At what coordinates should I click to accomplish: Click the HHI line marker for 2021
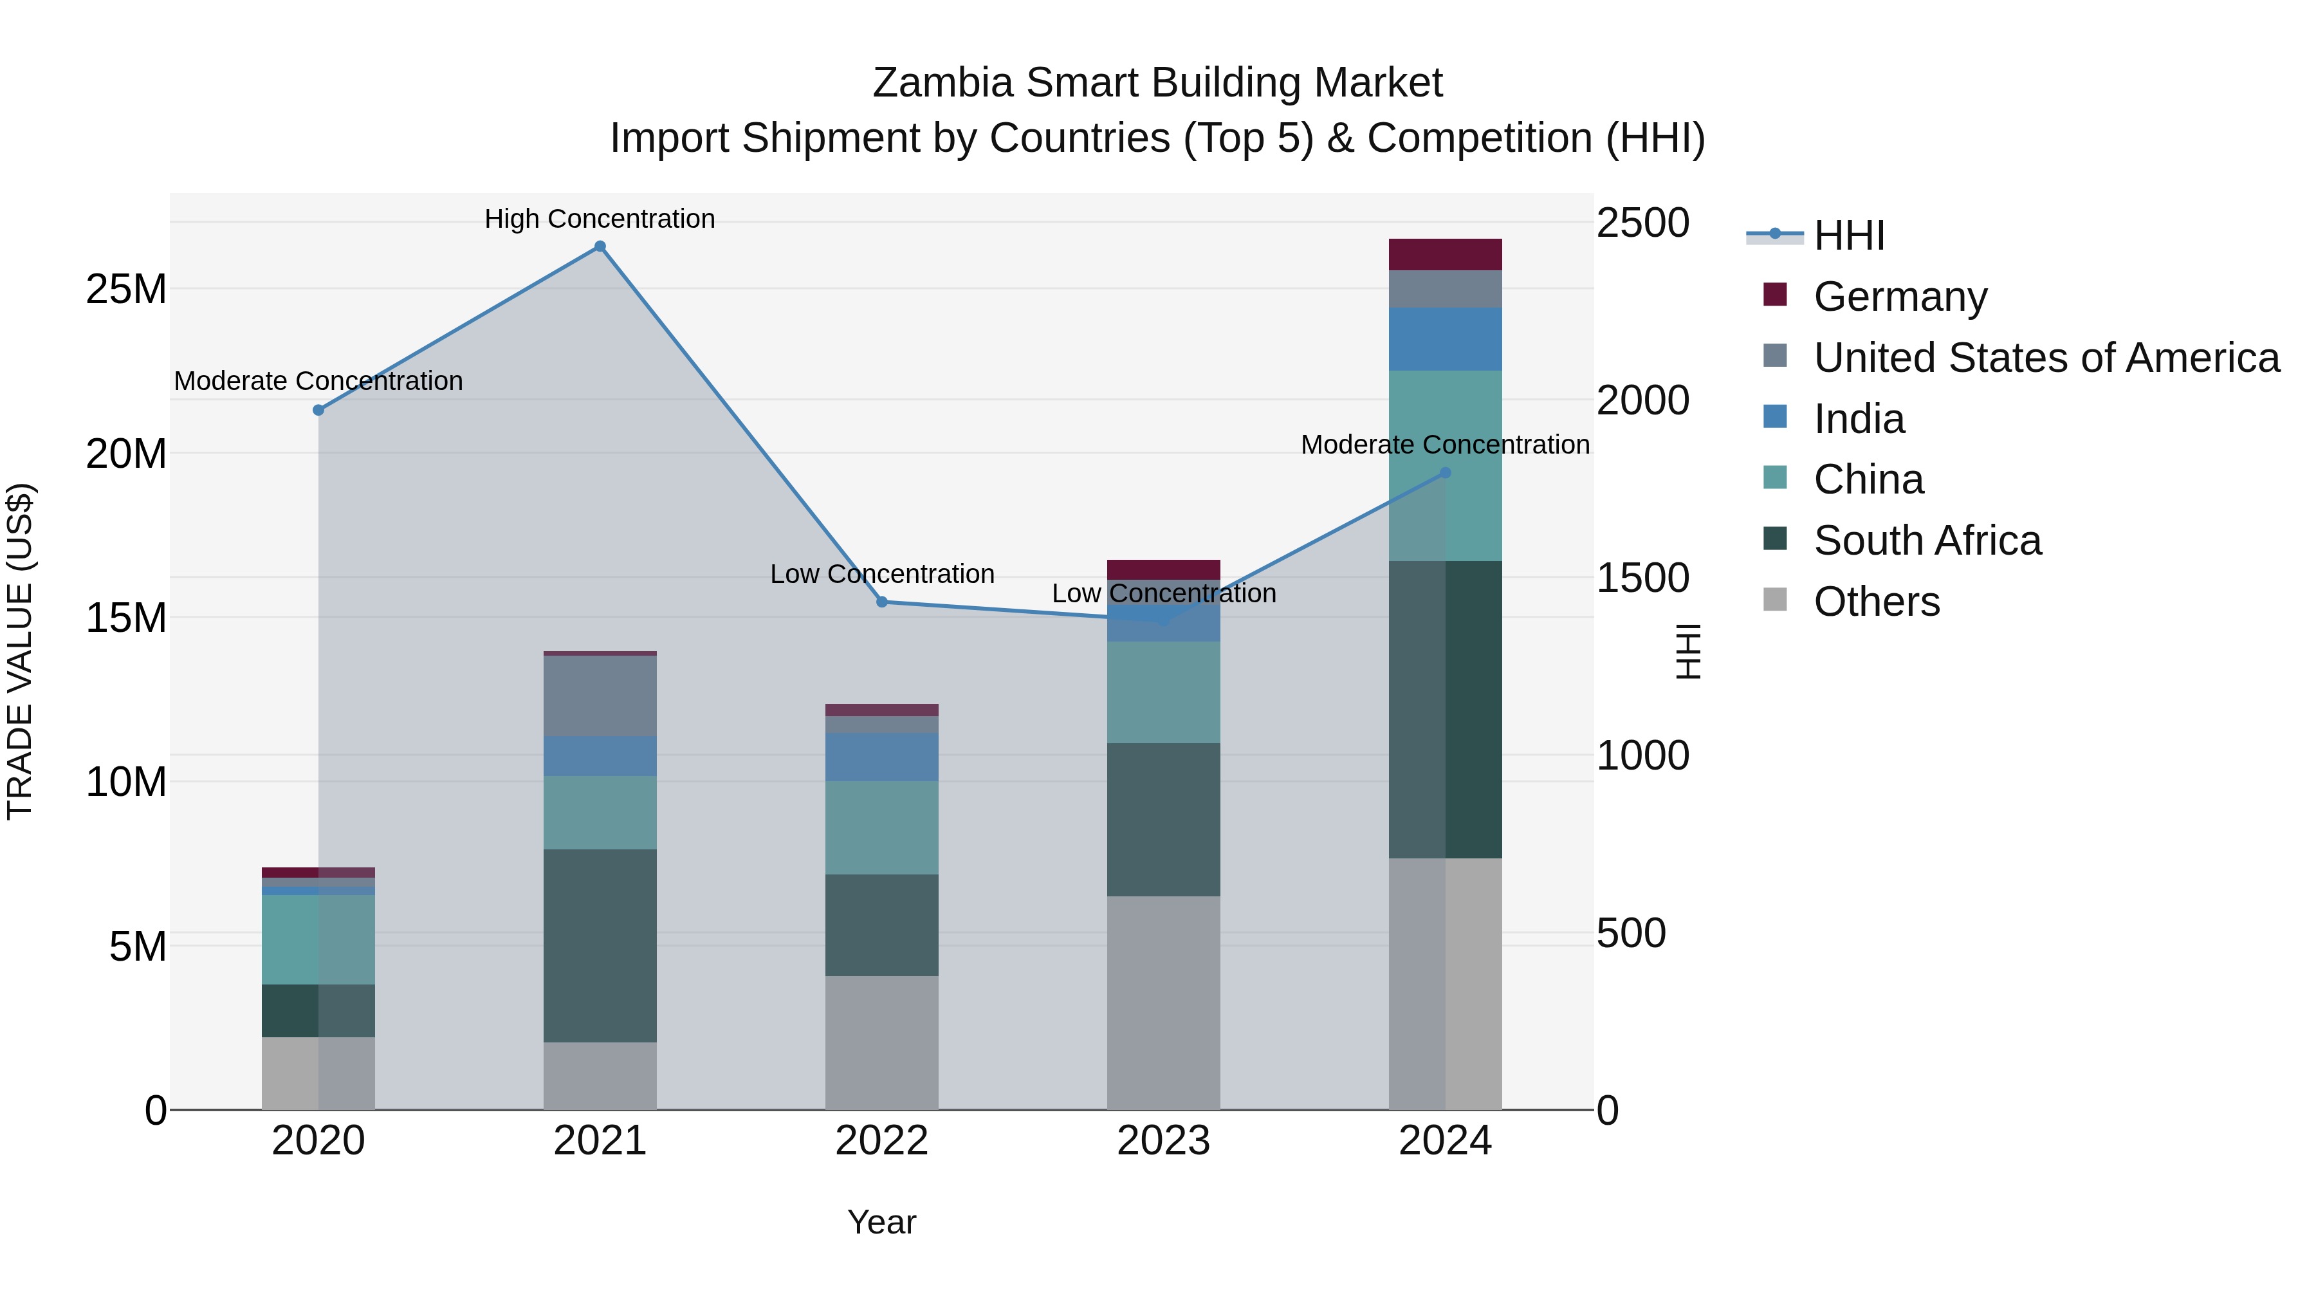coord(600,246)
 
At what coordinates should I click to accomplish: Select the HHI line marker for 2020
coord(318,410)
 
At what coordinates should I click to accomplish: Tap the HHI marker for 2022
coord(882,602)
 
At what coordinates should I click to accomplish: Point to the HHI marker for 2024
coord(1445,472)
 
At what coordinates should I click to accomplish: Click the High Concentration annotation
coord(600,219)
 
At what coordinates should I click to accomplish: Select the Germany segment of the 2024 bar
coord(1445,254)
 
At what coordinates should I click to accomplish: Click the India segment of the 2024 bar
coord(1445,339)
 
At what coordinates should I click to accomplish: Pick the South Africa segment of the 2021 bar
coord(600,945)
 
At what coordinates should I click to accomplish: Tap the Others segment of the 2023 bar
coord(1163,1002)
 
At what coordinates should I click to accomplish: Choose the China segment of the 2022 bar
coord(882,827)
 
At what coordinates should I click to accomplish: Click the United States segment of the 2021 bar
coord(600,696)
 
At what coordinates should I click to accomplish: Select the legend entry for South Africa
coord(1927,541)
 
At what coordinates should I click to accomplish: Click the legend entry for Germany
coord(1900,297)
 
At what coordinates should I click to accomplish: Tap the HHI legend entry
coord(1848,236)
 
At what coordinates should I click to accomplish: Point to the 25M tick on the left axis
coord(126,290)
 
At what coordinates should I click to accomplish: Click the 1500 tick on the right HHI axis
coord(1642,578)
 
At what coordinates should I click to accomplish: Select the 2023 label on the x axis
coord(1163,1141)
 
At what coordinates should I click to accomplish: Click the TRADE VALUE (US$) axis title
coord(20,651)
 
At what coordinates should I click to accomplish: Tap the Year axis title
coord(881,1222)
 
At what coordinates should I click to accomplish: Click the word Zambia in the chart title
coord(943,83)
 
